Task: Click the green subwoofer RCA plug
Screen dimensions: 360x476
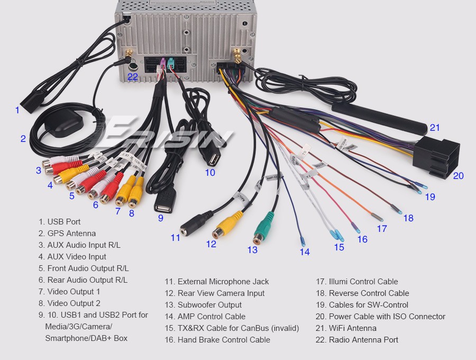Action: pos(263,227)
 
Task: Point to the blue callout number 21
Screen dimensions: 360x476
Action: pos(435,128)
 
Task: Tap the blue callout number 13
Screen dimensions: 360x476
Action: pos(252,249)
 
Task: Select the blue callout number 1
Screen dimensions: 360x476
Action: pos(17,110)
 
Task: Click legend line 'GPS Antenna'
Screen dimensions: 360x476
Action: pos(71,233)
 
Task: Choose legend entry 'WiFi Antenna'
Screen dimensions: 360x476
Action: pos(352,328)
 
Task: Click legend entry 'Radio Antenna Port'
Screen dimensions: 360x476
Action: pos(363,340)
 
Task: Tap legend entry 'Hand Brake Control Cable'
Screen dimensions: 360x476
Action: pos(224,340)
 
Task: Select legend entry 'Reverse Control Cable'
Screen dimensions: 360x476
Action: pos(369,293)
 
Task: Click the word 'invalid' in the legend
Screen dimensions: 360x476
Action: pos(284,328)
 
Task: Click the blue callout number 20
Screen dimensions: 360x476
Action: pos(458,175)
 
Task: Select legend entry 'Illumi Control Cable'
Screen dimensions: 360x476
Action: pos(363,282)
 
